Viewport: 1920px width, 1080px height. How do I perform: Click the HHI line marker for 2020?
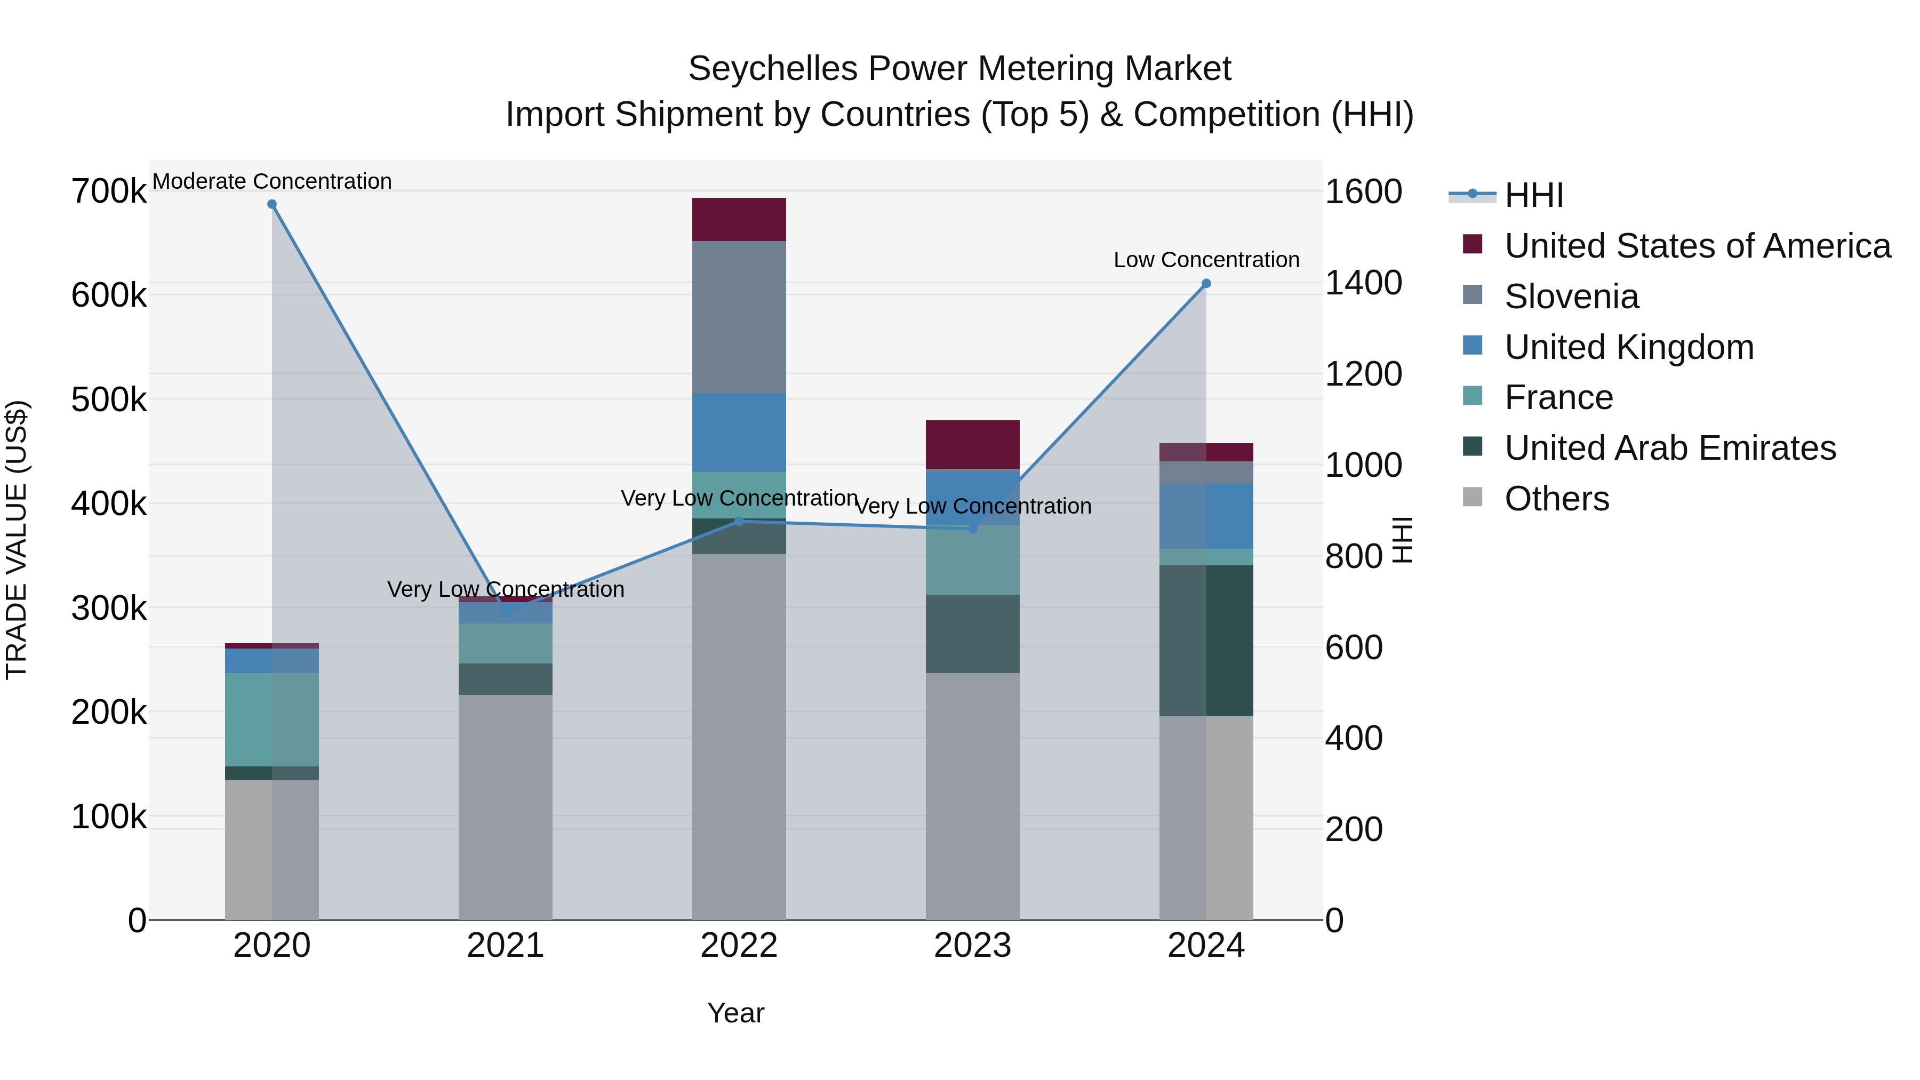point(272,204)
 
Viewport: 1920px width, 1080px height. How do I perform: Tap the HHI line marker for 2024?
point(1206,283)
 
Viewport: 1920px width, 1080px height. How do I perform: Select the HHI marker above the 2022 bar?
point(739,521)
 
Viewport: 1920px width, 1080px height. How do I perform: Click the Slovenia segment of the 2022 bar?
point(739,317)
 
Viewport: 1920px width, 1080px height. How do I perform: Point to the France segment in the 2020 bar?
point(271,719)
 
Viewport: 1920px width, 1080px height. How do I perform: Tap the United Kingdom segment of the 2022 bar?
point(739,433)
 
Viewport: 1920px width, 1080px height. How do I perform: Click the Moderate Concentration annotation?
point(272,181)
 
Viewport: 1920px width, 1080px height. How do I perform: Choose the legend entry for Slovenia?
point(1571,297)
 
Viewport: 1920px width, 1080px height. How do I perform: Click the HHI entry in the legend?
point(1533,195)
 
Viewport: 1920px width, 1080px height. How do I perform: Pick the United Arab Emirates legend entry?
point(1669,448)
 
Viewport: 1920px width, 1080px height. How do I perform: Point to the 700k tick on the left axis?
point(109,191)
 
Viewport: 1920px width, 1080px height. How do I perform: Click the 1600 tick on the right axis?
point(1363,191)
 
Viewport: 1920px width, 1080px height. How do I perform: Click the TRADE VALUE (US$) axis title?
point(17,540)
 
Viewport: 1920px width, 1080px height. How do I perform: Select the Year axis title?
point(735,1013)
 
